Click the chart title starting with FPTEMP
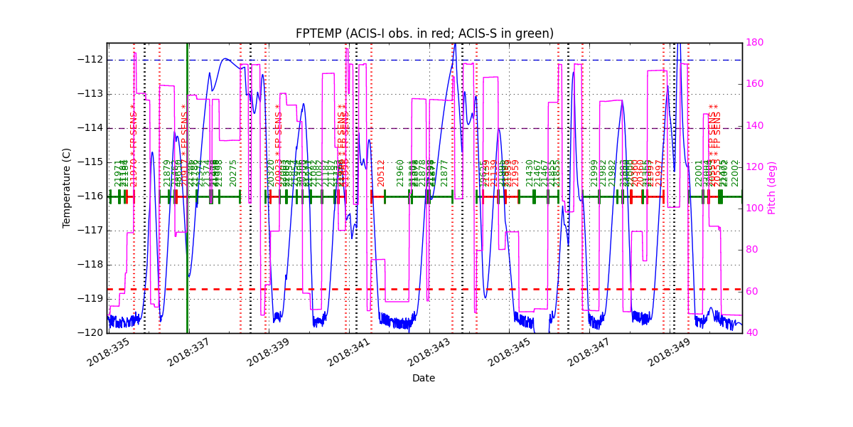424,33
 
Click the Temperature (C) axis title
68,188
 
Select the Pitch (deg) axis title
772,188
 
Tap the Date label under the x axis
424,379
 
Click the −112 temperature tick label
90,60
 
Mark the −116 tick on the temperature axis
90,196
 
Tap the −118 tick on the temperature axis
90,265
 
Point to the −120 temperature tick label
90,332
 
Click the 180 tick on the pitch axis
755,43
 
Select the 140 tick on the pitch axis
755,125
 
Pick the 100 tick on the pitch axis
755,209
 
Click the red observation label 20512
381,173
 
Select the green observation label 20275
233,173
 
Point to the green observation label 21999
594,173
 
